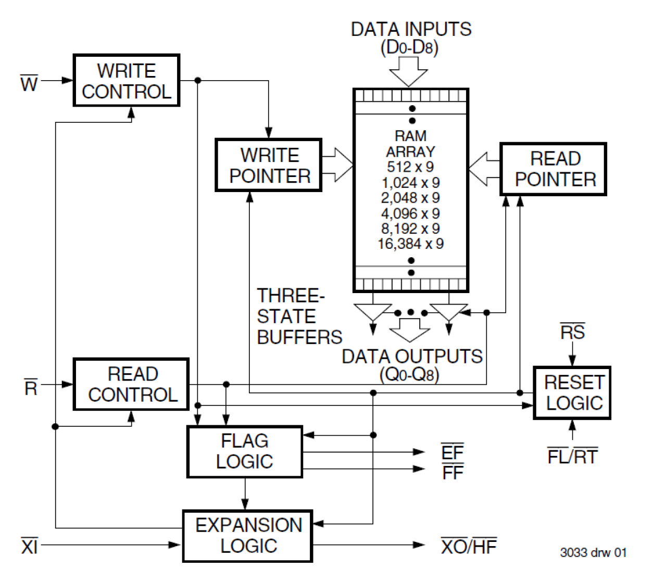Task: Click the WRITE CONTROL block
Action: (x=127, y=81)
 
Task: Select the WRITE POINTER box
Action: (x=269, y=165)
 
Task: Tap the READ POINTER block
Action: (x=554, y=169)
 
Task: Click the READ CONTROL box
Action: (x=131, y=384)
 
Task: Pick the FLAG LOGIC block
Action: (x=244, y=451)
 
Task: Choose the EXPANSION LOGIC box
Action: (x=248, y=536)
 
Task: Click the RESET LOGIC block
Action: (x=572, y=393)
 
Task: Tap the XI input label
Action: (x=29, y=546)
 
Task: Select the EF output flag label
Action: (x=452, y=451)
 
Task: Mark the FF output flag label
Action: (x=452, y=472)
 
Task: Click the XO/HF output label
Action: (x=469, y=546)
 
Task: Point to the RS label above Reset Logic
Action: (x=572, y=332)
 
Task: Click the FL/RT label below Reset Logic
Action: (x=572, y=457)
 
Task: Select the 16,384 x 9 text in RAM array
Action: (x=411, y=244)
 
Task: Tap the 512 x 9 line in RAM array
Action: (x=411, y=167)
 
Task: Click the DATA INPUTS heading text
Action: (x=411, y=29)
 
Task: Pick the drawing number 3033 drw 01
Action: (x=593, y=552)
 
